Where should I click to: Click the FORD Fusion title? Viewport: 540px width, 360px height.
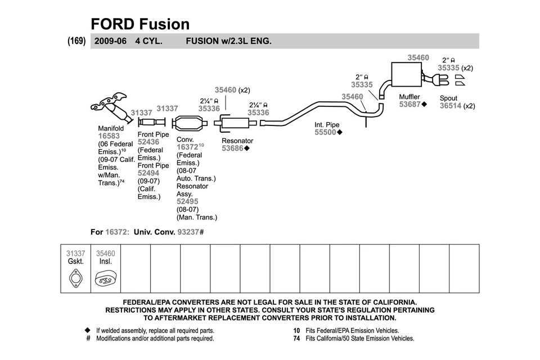tap(140, 24)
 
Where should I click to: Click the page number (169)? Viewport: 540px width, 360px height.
tap(76, 41)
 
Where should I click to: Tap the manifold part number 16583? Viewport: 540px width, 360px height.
tap(109, 136)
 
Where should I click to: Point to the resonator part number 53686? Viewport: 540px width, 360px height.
tap(232, 148)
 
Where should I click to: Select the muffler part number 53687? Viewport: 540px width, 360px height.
tap(410, 105)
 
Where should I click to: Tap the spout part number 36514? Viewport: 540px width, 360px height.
tap(450, 106)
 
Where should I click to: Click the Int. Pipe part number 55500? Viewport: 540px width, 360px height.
tap(325, 133)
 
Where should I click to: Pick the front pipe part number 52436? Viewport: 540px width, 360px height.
tap(148, 142)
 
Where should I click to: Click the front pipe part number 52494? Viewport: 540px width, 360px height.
tap(148, 173)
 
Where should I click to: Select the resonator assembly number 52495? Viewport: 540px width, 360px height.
tap(187, 201)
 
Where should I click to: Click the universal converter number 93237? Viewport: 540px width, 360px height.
tap(188, 232)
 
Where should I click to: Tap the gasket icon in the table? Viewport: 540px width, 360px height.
tap(75, 278)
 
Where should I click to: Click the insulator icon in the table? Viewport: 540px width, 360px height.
tap(105, 278)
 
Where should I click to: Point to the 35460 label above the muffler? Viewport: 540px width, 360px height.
tap(418, 57)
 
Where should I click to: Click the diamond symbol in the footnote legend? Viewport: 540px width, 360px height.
tap(87, 331)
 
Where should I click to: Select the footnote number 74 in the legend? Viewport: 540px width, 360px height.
tap(296, 339)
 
